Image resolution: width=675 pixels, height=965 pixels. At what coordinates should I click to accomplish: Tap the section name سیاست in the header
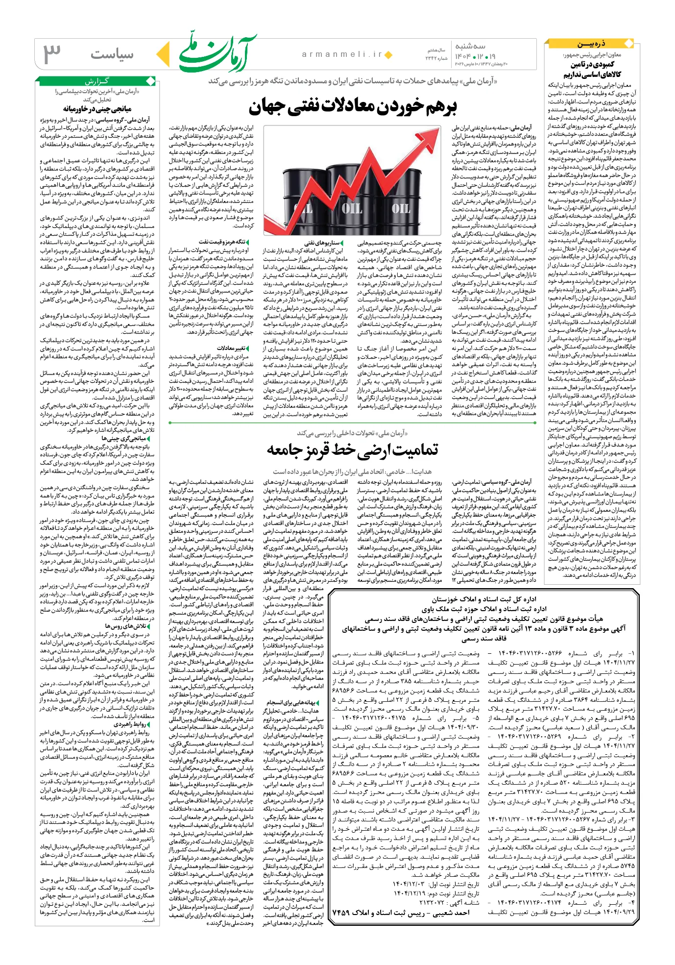tap(112, 54)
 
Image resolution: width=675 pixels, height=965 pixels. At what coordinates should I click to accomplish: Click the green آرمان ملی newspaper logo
tap(217, 52)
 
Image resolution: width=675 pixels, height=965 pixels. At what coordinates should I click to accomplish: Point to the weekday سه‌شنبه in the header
tap(471, 46)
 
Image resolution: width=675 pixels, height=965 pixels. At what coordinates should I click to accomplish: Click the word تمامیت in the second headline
tap(414, 450)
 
